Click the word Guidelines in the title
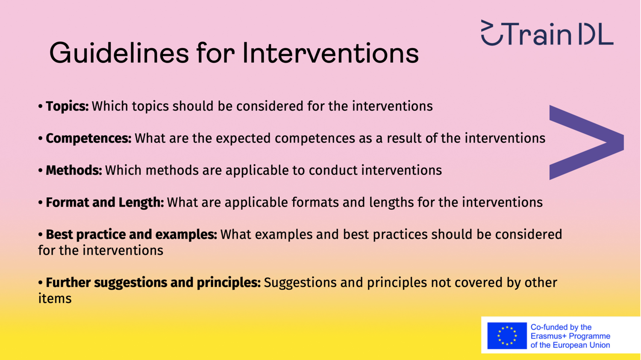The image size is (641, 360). coord(119,53)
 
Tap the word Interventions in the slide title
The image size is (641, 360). coord(330,53)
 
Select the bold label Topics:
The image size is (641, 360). coord(67,106)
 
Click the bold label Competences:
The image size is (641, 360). coord(88,138)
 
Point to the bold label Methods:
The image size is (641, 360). coord(74,170)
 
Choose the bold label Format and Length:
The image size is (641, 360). coord(105,202)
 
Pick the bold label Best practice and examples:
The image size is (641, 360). coord(131,234)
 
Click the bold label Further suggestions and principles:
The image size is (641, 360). coord(153,283)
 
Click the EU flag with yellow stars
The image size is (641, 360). coord(507,336)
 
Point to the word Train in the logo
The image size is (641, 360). coord(538,34)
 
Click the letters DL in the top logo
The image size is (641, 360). coord(596,34)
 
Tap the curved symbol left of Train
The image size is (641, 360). coord(491,32)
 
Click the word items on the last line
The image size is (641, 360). coord(55,299)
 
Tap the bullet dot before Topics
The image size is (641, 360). coord(40,106)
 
